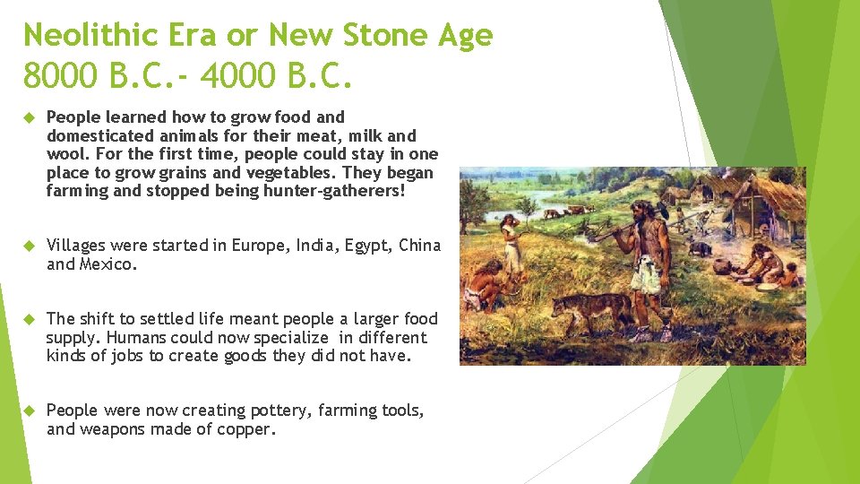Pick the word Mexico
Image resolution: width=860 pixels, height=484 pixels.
point(109,264)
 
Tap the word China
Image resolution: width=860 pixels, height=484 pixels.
point(419,246)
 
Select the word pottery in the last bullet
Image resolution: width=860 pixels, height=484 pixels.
point(276,411)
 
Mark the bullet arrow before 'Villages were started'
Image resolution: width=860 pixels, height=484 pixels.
point(28,246)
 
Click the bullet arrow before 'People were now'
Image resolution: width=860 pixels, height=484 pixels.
point(28,411)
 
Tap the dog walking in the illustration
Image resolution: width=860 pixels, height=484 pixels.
point(591,309)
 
